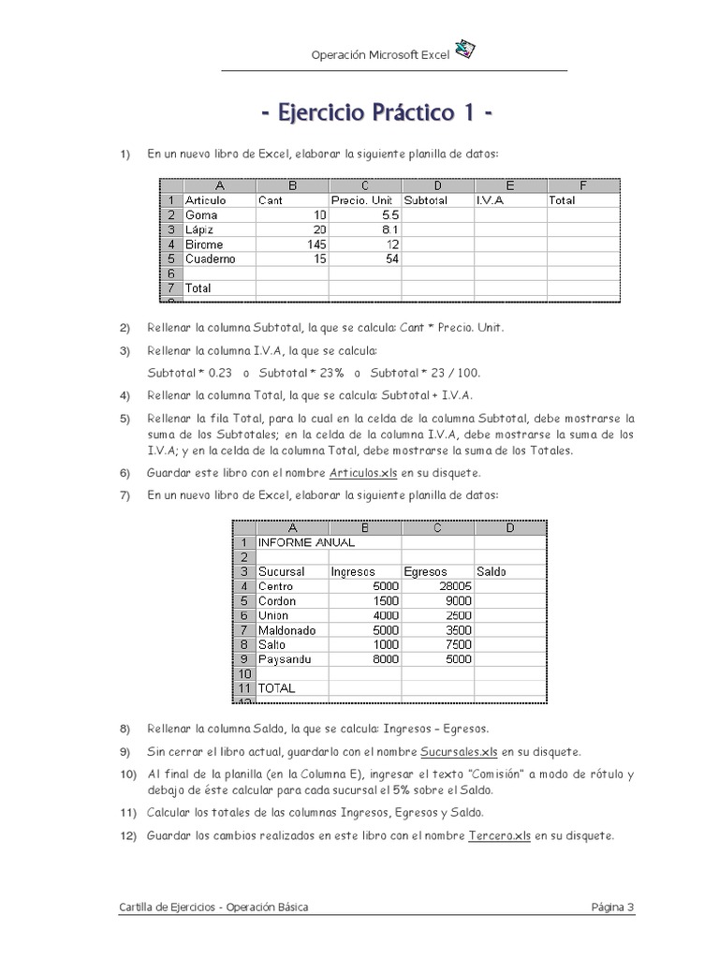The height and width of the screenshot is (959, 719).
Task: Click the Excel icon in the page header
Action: pyautogui.click(x=465, y=51)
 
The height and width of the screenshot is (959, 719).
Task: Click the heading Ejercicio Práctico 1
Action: pyautogui.click(x=376, y=112)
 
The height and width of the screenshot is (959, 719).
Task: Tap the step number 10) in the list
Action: pyautogui.click(x=128, y=775)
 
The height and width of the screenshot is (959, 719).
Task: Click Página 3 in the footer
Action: pyautogui.click(x=612, y=907)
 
